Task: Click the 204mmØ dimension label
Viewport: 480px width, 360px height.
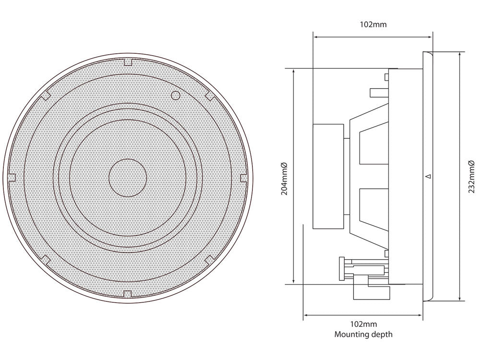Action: pyautogui.click(x=285, y=179)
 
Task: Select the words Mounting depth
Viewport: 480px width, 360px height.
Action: pyautogui.click(x=363, y=334)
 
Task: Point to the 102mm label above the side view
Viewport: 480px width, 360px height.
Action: pyautogui.click(x=373, y=24)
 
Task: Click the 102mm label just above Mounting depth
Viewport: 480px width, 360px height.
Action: pyautogui.click(x=363, y=324)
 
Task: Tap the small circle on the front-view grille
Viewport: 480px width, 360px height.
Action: pyautogui.click(x=175, y=95)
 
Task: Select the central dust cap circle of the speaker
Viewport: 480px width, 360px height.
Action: pyautogui.click(x=128, y=178)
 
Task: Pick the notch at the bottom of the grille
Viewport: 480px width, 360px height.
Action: pyautogui.click(x=128, y=294)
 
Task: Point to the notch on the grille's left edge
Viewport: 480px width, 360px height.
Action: pyautogui.click(x=12, y=178)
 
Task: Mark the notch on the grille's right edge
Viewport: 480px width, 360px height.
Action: pyautogui.click(x=244, y=178)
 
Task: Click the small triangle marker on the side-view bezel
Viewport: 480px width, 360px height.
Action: pyautogui.click(x=429, y=176)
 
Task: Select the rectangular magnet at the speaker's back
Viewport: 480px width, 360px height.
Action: pyautogui.click(x=328, y=176)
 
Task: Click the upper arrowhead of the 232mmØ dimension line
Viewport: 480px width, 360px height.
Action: pyautogui.click(x=460, y=55)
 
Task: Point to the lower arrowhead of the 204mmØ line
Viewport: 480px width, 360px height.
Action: pyautogui.click(x=294, y=281)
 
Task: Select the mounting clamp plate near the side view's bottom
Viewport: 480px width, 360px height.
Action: pyautogui.click(x=342, y=268)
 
